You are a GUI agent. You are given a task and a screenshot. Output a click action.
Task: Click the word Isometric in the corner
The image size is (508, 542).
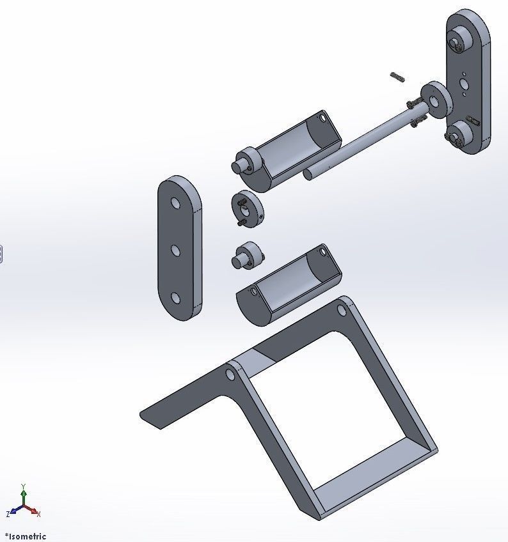tap(27, 536)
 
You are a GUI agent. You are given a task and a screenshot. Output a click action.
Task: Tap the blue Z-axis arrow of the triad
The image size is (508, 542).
tap(13, 513)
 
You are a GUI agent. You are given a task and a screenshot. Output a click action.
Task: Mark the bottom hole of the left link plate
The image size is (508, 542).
tap(175, 298)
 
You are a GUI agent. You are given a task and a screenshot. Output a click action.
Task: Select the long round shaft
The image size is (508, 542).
tap(358, 141)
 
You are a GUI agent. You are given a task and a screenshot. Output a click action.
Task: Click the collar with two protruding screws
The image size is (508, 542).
tap(247, 209)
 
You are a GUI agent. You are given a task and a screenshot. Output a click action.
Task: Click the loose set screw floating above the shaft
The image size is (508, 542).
tap(397, 77)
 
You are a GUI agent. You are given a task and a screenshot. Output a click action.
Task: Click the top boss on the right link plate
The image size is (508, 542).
tap(457, 43)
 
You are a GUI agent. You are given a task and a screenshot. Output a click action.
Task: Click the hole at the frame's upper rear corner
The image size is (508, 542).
tap(342, 311)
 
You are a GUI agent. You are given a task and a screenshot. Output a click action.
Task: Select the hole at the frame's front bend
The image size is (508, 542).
tap(230, 373)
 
